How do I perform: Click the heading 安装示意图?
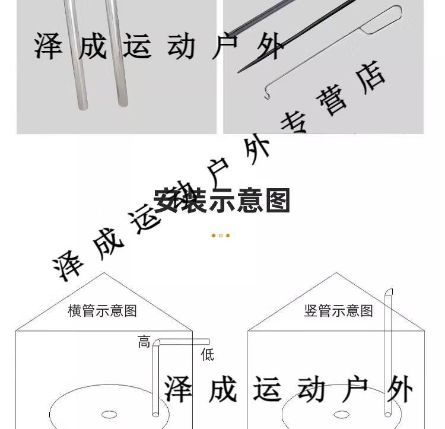[221, 201]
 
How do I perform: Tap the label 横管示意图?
[102, 310]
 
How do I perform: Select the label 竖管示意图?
[338, 310]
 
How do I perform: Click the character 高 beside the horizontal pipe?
[144, 342]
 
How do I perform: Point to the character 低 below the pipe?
[207, 355]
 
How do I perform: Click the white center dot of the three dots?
[221, 236]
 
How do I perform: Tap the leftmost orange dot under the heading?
[214, 236]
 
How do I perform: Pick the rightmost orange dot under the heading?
[228, 236]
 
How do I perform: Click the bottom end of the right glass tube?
[123, 103]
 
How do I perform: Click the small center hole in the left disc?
[109, 414]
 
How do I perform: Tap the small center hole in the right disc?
[341, 414]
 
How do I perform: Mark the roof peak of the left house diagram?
[104, 273]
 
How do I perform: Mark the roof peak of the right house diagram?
[336, 273]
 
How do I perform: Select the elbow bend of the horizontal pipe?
[157, 342]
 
